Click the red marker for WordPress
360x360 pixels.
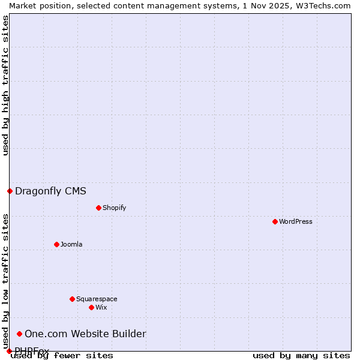coord(275,221)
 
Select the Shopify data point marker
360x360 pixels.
coord(98,208)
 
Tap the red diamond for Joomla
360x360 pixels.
coord(56,244)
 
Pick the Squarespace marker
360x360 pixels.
coord(72,299)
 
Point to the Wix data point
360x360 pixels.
coord(91,307)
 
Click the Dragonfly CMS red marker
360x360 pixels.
coord(10,191)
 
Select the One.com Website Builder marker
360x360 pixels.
coord(19,334)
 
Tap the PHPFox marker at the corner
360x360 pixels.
coord(9,351)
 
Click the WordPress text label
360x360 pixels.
coord(296,221)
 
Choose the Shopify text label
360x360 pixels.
coord(115,208)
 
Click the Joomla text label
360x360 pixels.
coord(71,244)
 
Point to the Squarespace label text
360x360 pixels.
coord(97,299)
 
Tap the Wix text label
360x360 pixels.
coord(101,307)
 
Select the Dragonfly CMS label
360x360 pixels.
coord(50,191)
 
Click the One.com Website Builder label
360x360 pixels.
coord(85,334)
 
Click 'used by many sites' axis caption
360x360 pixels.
coord(301,355)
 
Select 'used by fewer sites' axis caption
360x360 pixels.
coord(62,355)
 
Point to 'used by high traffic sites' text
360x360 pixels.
coord(5,85)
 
